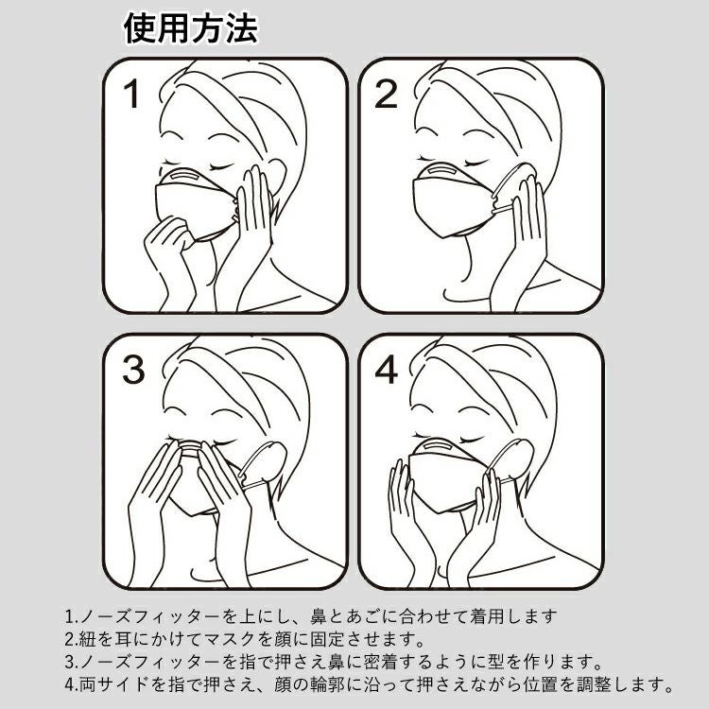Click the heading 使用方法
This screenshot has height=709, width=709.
191,28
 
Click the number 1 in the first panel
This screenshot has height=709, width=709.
131,94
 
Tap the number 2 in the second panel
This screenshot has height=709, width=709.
386,94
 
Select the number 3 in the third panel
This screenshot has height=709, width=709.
133,370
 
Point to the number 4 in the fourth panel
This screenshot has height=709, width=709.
386,370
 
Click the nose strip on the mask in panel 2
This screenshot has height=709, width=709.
441,171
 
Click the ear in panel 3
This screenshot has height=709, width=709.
270,461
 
